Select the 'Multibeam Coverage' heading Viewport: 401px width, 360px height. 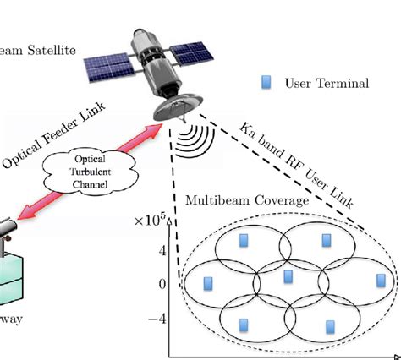point(235,203)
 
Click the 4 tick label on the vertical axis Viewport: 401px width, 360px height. point(162,250)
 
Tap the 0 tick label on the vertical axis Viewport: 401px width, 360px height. point(162,284)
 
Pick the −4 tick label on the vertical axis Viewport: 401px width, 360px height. point(157,319)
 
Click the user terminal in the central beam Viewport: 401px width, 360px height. point(288,276)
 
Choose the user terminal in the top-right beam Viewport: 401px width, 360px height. point(327,241)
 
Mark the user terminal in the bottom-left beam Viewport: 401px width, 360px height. point(244,325)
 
